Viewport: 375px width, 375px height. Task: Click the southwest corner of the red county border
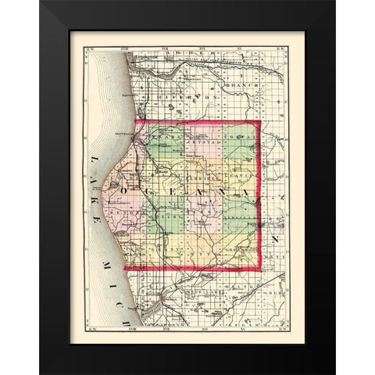coord(125,270)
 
